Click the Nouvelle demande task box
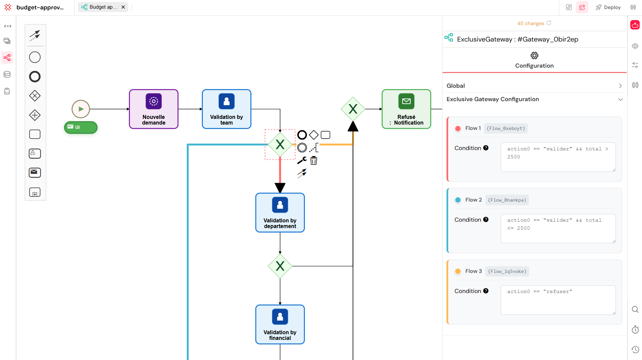coord(154,109)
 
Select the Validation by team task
coord(227,109)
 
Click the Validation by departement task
coord(280,212)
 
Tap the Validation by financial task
coord(280,324)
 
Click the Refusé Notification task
coord(406,109)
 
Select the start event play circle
coord(81,109)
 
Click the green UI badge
coord(81,127)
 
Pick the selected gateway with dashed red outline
coord(280,144)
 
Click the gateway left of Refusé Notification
coord(353,109)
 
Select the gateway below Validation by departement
coord(280,266)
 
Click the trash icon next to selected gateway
coord(314,161)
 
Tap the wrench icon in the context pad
coord(302,160)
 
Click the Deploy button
coord(608,7)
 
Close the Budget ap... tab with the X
coord(123,7)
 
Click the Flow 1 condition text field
coord(558,157)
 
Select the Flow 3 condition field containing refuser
coord(558,299)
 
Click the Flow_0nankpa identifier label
coord(507,200)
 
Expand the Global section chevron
coord(620,86)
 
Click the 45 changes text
coord(531,23)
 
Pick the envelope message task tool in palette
coord(35,172)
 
